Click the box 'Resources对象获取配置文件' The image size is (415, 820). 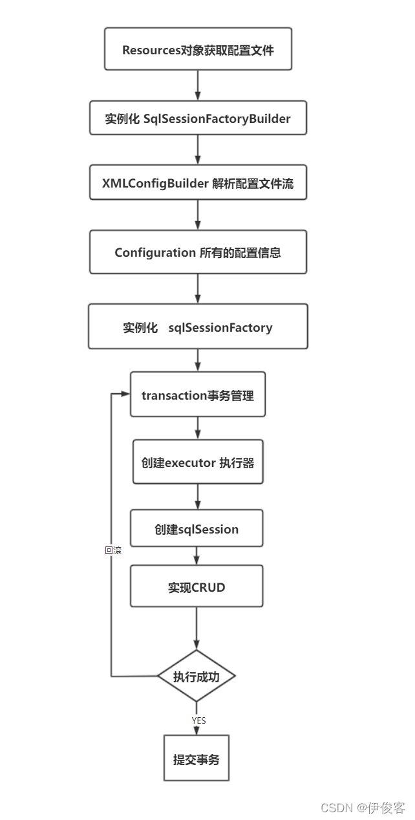(x=198, y=49)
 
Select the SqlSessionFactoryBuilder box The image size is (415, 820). (x=198, y=118)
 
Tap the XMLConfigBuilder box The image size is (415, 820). (x=198, y=184)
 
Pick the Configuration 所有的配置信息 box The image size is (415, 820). (x=198, y=252)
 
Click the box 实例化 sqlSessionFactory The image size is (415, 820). (x=198, y=327)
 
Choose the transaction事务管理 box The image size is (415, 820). (x=198, y=395)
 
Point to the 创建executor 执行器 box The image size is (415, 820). (x=198, y=462)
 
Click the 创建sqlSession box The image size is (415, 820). (x=197, y=529)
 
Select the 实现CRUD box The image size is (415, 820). (x=197, y=587)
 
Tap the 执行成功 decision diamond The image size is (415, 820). (x=197, y=676)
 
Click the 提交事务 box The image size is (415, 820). (x=197, y=759)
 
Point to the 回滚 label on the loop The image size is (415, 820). (x=113, y=551)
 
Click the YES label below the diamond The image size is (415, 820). (x=199, y=720)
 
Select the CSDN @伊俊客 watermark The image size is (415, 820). (x=363, y=808)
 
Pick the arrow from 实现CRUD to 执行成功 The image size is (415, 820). (x=197, y=629)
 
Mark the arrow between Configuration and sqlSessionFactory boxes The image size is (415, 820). (x=198, y=288)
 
